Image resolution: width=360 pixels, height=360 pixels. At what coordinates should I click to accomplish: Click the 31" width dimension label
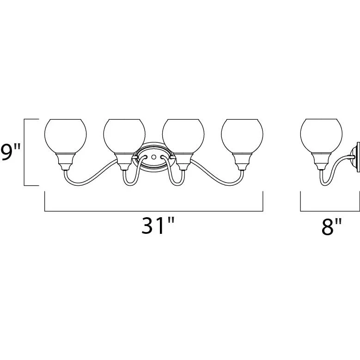coord(158,226)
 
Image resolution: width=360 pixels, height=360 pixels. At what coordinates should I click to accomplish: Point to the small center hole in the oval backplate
coord(154,157)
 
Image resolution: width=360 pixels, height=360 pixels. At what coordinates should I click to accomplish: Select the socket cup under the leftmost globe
coord(66,162)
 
